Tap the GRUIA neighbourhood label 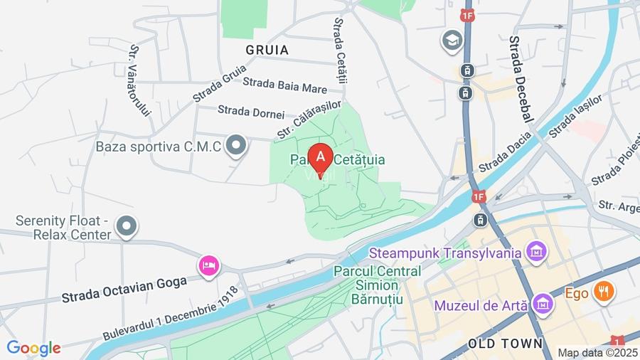267,50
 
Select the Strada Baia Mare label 284,85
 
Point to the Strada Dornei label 251,111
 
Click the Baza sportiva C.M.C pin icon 235,147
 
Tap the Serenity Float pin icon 127,226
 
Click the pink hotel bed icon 208,265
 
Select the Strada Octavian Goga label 124,287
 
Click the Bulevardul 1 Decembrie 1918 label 170,314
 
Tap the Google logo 33,348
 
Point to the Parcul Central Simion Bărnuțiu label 377,285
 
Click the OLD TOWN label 505,344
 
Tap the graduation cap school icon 452,41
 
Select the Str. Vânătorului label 141,80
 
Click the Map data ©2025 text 597,352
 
